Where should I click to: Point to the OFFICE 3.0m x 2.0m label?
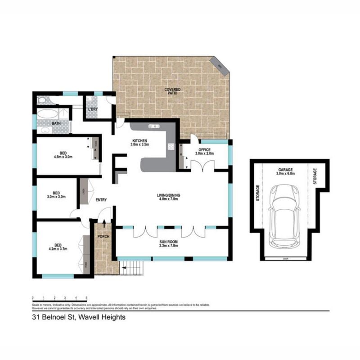pos(204,151)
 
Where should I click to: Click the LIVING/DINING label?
pos(167,197)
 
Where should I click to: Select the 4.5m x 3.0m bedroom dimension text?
pos(63,157)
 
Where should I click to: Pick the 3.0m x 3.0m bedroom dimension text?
pos(56,197)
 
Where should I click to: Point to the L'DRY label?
pos(93,109)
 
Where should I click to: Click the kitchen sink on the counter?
pos(154,127)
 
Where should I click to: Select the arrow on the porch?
pos(105,224)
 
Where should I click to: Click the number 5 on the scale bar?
pos(86,298)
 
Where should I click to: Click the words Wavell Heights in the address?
pos(102,317)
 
